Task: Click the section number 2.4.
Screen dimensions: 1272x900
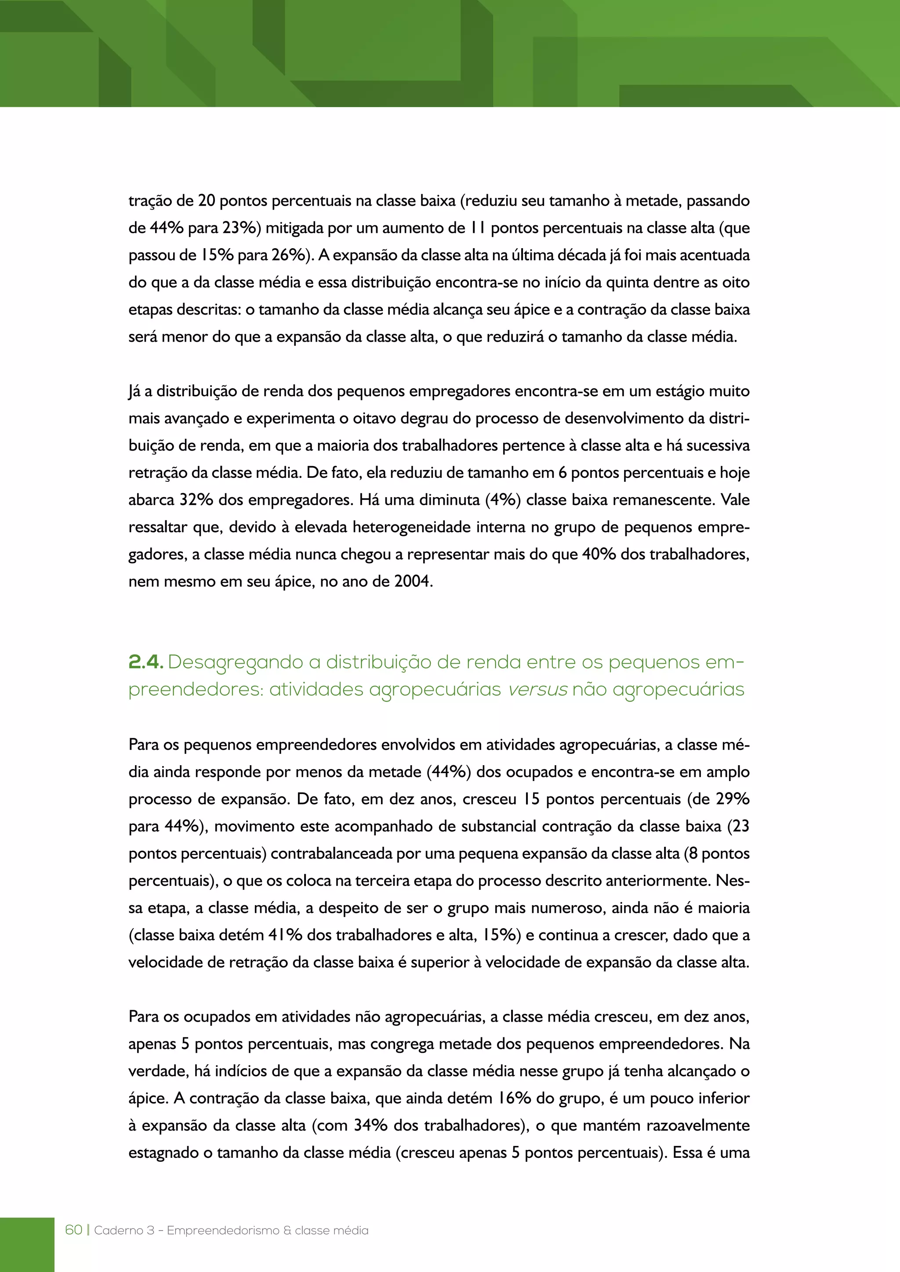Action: pos(145,662)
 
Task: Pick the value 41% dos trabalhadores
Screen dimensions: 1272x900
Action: pos(285,935)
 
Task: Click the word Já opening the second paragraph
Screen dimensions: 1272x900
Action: pos(134,391)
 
